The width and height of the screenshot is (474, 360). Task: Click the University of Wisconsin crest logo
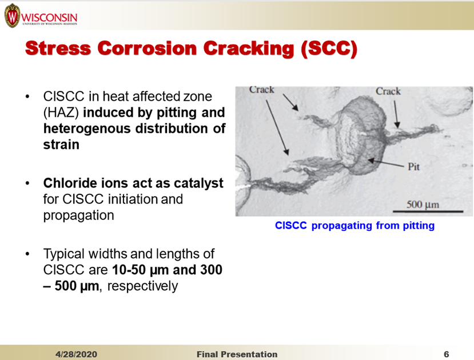[x=12, y=15]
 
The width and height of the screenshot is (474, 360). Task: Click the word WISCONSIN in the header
[x=49, y=17]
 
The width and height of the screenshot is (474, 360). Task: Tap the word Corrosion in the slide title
[x=147, y=49]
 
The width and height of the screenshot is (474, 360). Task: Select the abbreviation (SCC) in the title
[x=329, y=49]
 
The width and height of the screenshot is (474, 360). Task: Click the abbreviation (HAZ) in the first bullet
[x=61, y=113]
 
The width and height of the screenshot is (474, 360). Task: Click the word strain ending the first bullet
[x=61, y=145]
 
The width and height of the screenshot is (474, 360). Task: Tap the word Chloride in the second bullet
[x=70, y=183]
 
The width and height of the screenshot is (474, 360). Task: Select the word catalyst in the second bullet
[x=198, y=183]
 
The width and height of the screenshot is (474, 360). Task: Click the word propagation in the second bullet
[x=78, y=215]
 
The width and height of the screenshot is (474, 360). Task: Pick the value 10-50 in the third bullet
[x=129, y=270]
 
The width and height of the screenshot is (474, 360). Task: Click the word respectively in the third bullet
[x=142, y=286]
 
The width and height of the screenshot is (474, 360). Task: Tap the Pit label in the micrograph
[x=413, y=166]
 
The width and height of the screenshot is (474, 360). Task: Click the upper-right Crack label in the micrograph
[x=388, y=91]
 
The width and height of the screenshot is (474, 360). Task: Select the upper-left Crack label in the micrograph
[x=262, y=90]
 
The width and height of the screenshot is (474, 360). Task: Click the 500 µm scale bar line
[x=428, y=211]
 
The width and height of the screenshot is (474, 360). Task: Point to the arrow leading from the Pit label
[x=386, y=163]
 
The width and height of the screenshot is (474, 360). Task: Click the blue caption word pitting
[x=419, y=226]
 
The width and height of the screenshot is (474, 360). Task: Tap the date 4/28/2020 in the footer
[x=76, y=354]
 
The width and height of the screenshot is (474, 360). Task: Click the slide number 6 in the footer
[x=446, y=354]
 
